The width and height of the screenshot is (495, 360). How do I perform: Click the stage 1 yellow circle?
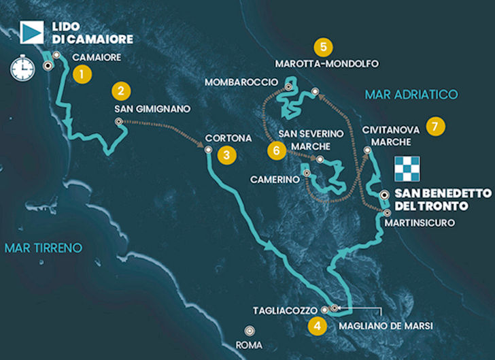(x=82, y=73)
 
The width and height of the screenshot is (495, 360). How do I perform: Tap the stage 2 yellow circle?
(x=120, y=91)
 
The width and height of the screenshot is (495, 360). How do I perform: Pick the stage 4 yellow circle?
(x=315, y=325)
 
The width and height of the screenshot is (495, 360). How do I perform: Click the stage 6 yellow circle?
(x=275, y=150)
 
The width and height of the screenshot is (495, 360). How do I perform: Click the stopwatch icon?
(x=22, y=68)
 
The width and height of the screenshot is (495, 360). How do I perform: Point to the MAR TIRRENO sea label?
(x=42, y=247)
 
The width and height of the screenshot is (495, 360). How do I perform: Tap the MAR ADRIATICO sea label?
(x=411, y=95)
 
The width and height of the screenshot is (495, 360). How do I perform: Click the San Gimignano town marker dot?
(x=118, y=122)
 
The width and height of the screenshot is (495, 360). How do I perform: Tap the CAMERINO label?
(x=275, y=178)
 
